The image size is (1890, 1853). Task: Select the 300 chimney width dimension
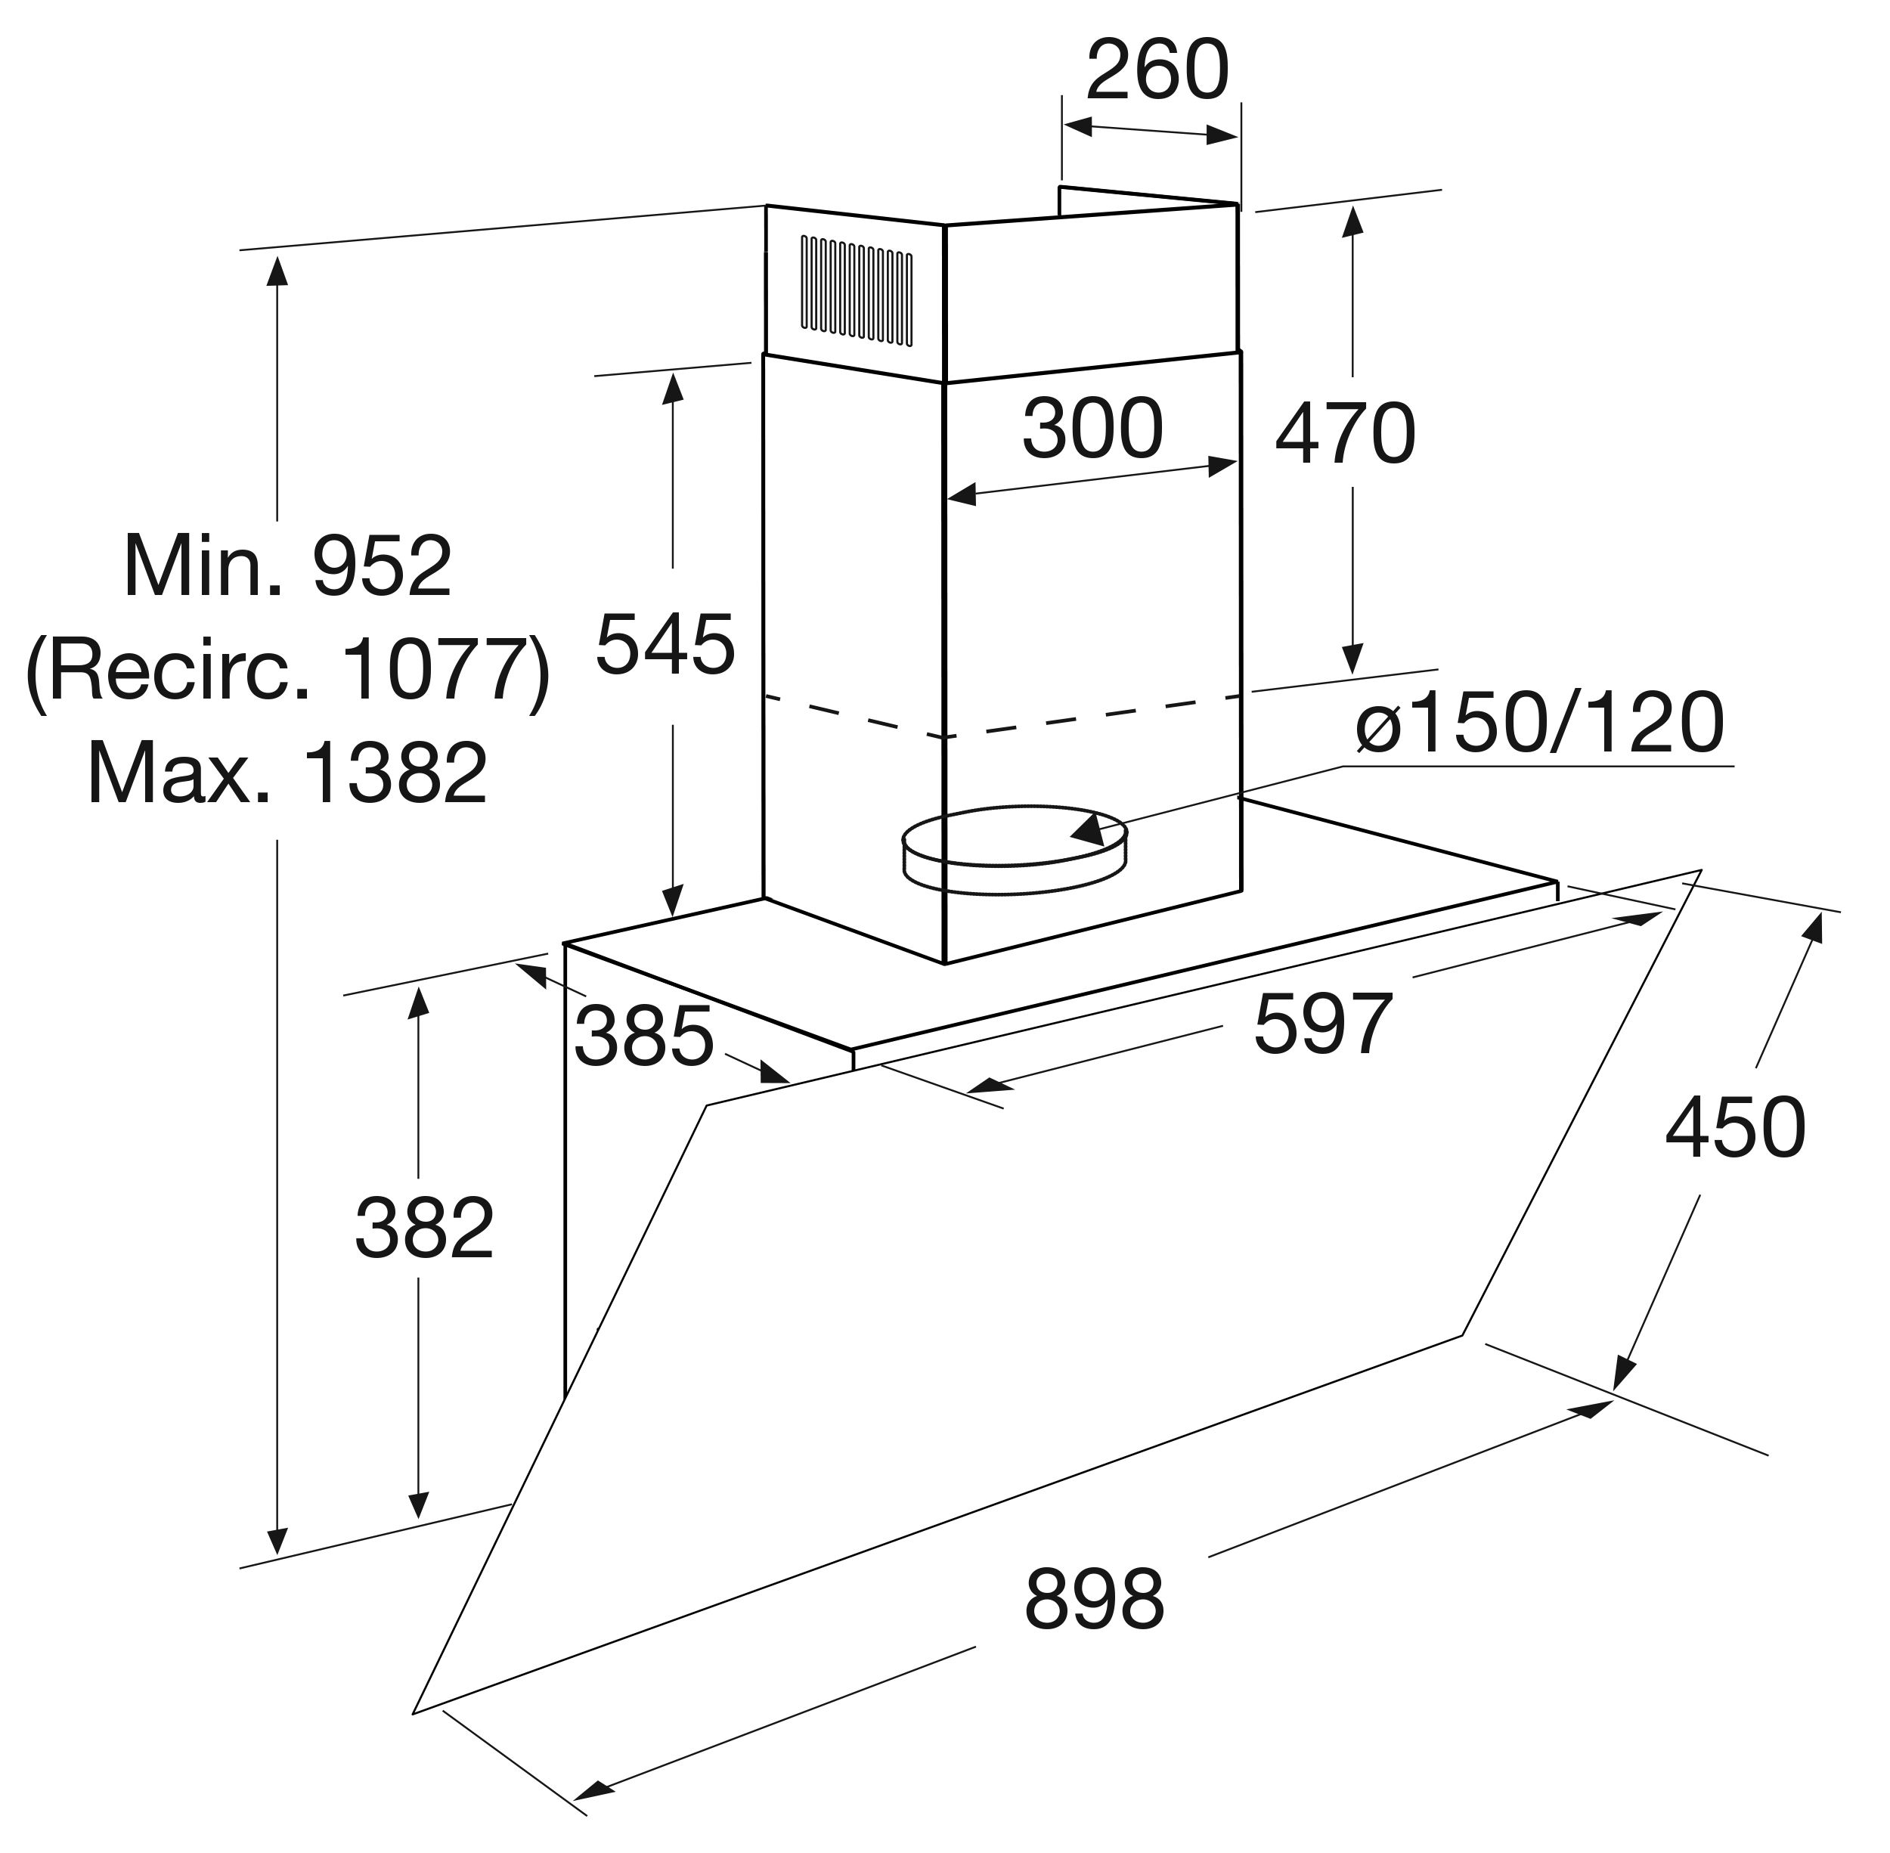pos(1092,429)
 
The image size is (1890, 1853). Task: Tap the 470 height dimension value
pos(1345,435)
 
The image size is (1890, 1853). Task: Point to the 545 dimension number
pos(665,644)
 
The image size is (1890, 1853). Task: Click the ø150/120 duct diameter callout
pos(1540,724)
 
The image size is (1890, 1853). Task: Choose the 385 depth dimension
pos(643,1036)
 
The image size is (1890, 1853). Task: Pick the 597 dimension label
pos(1322,1023)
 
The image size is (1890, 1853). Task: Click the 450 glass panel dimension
pos(1735,1128)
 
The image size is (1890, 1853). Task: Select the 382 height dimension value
pos(424,1229)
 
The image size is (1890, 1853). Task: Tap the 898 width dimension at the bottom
pos(1094,1599)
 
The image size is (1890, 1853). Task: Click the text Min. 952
pos(287,567)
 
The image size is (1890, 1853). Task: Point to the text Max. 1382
pos(287,773)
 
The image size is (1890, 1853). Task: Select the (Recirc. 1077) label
pos(287,671)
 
